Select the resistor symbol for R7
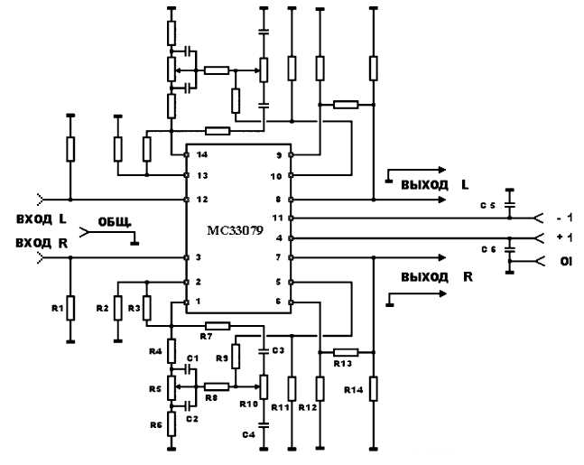click(x=217, y=325)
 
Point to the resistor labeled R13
click(x=346, y=351)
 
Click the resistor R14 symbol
click(x=373, y=390)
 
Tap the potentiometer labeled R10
click(x=263, y=386)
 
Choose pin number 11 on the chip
click(x=279, y=218)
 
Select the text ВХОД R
click(x=35, y=241)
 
